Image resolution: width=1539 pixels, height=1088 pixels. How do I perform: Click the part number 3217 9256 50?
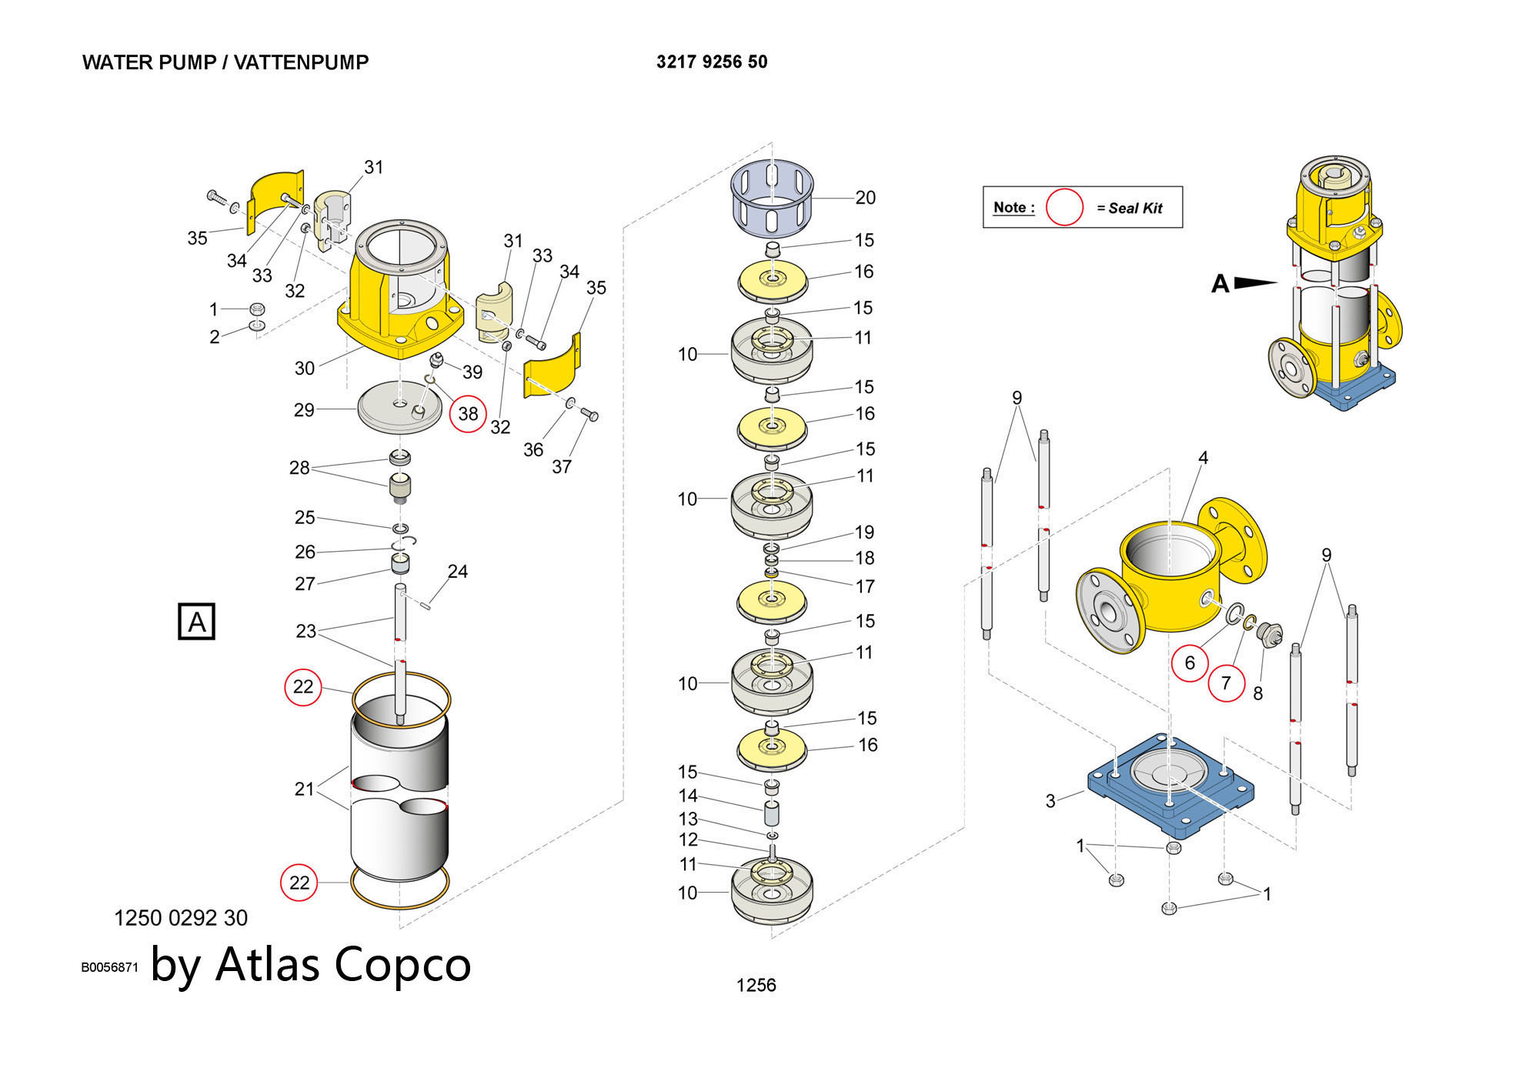click(x=712, y=62)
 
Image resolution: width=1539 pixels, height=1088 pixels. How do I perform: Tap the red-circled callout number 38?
click(x=468, y=414)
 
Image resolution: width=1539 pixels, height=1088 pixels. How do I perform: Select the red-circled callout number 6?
click(x=1190, y=662)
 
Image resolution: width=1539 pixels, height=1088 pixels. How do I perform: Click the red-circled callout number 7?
click(x=1226, y=683)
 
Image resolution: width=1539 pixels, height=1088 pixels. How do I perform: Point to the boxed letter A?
click(x=196, y=622)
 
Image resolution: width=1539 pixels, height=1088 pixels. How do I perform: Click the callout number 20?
click(x=866, y=198)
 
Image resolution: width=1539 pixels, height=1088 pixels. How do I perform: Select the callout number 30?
click(x=305, y=369)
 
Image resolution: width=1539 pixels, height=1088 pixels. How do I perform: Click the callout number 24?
click(x=458, y=572)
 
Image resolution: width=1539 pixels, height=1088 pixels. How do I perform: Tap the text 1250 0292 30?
click(x=181, y=918)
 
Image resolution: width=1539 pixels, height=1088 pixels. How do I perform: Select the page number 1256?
click(x=756, y=986)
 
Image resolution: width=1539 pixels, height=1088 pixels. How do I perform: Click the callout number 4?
click(x=1203, y=459)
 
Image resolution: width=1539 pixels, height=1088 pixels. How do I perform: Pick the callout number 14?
click(x=688, y=796)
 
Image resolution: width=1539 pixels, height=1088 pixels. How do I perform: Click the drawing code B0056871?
click(x=109, y=967)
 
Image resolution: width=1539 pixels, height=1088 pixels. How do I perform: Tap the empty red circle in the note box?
click(x=1064, y=208)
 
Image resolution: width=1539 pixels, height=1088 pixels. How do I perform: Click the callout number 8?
click(x=1258, y=694)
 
